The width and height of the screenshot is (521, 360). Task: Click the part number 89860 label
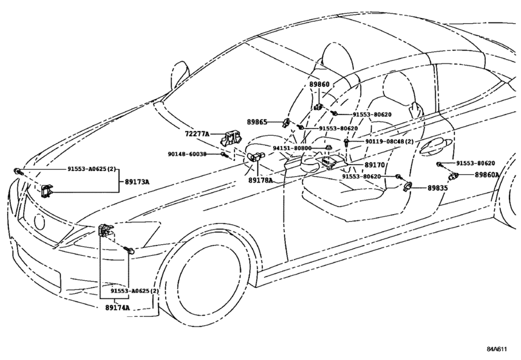point(319,84)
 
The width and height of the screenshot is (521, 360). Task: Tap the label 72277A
point(197,134)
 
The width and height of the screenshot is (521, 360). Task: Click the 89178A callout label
point(261,181)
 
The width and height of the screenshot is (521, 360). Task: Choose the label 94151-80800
point(292,148)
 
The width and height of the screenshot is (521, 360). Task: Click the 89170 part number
point(375,165)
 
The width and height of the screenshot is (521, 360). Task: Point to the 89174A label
point(118,308)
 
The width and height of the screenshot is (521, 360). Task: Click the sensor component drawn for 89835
point(408,186)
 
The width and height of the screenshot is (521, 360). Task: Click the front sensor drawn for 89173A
point(47,190)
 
